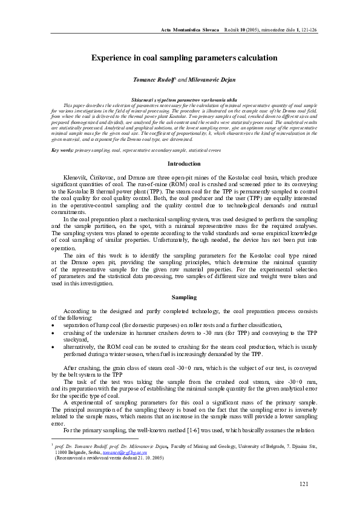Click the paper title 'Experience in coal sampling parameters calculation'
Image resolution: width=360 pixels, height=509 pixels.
pos(185,58)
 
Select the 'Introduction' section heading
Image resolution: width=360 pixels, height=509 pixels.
pos(185,163)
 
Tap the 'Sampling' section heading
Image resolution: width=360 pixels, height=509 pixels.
pos(184,297)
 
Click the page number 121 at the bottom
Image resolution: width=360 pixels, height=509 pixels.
pos(304,484)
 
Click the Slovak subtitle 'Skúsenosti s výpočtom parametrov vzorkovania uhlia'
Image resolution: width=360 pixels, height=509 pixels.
pos(185,98)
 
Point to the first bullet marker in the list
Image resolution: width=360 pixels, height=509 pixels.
pos(54,325)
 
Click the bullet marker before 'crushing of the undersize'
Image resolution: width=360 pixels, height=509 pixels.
pos(54,332)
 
